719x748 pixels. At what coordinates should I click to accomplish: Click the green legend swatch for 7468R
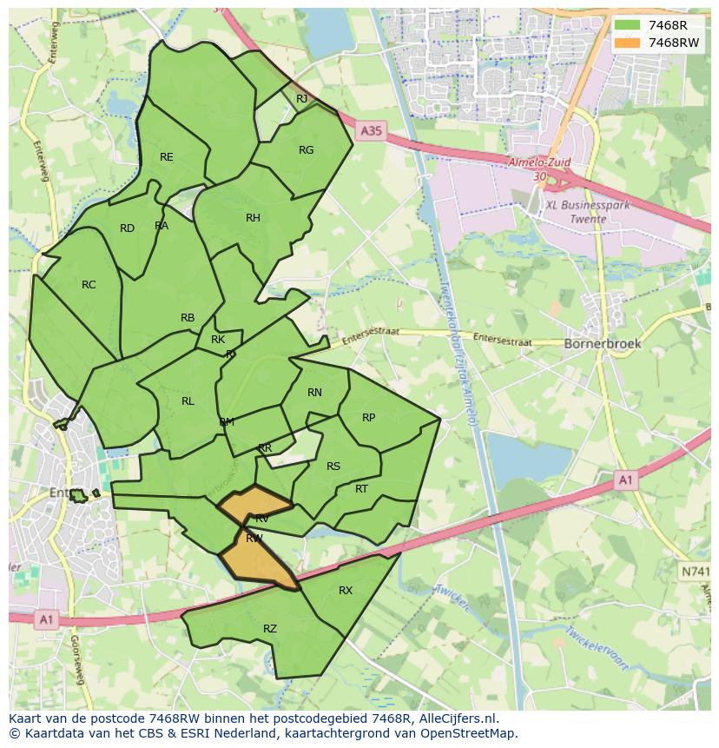[627, 25]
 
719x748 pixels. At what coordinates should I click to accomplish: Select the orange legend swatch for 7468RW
[627, 43]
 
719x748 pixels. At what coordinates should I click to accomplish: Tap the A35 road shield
[370, 130]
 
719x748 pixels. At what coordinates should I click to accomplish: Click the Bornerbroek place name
[603, 343]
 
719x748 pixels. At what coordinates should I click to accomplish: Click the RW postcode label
[254, 539]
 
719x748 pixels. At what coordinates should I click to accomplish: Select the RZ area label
[270, 629]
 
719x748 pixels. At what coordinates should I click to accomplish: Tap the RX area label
[346, 591]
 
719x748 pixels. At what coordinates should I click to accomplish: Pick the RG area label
[306, 150]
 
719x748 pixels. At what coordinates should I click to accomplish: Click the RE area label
[167, 157]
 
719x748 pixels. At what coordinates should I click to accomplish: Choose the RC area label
[89, 285]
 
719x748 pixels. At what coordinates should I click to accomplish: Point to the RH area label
[253, 218]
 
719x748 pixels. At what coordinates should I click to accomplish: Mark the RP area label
[368, 418]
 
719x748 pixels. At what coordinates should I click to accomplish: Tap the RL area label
[188, 401]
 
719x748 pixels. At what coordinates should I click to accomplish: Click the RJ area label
[301, 99]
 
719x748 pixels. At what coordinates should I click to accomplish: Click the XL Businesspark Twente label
[576, 212]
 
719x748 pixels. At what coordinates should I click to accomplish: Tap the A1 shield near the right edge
[624, 480]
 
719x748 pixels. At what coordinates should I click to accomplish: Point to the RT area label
[361, 489]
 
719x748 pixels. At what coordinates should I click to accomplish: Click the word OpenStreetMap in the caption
[472, 733]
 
